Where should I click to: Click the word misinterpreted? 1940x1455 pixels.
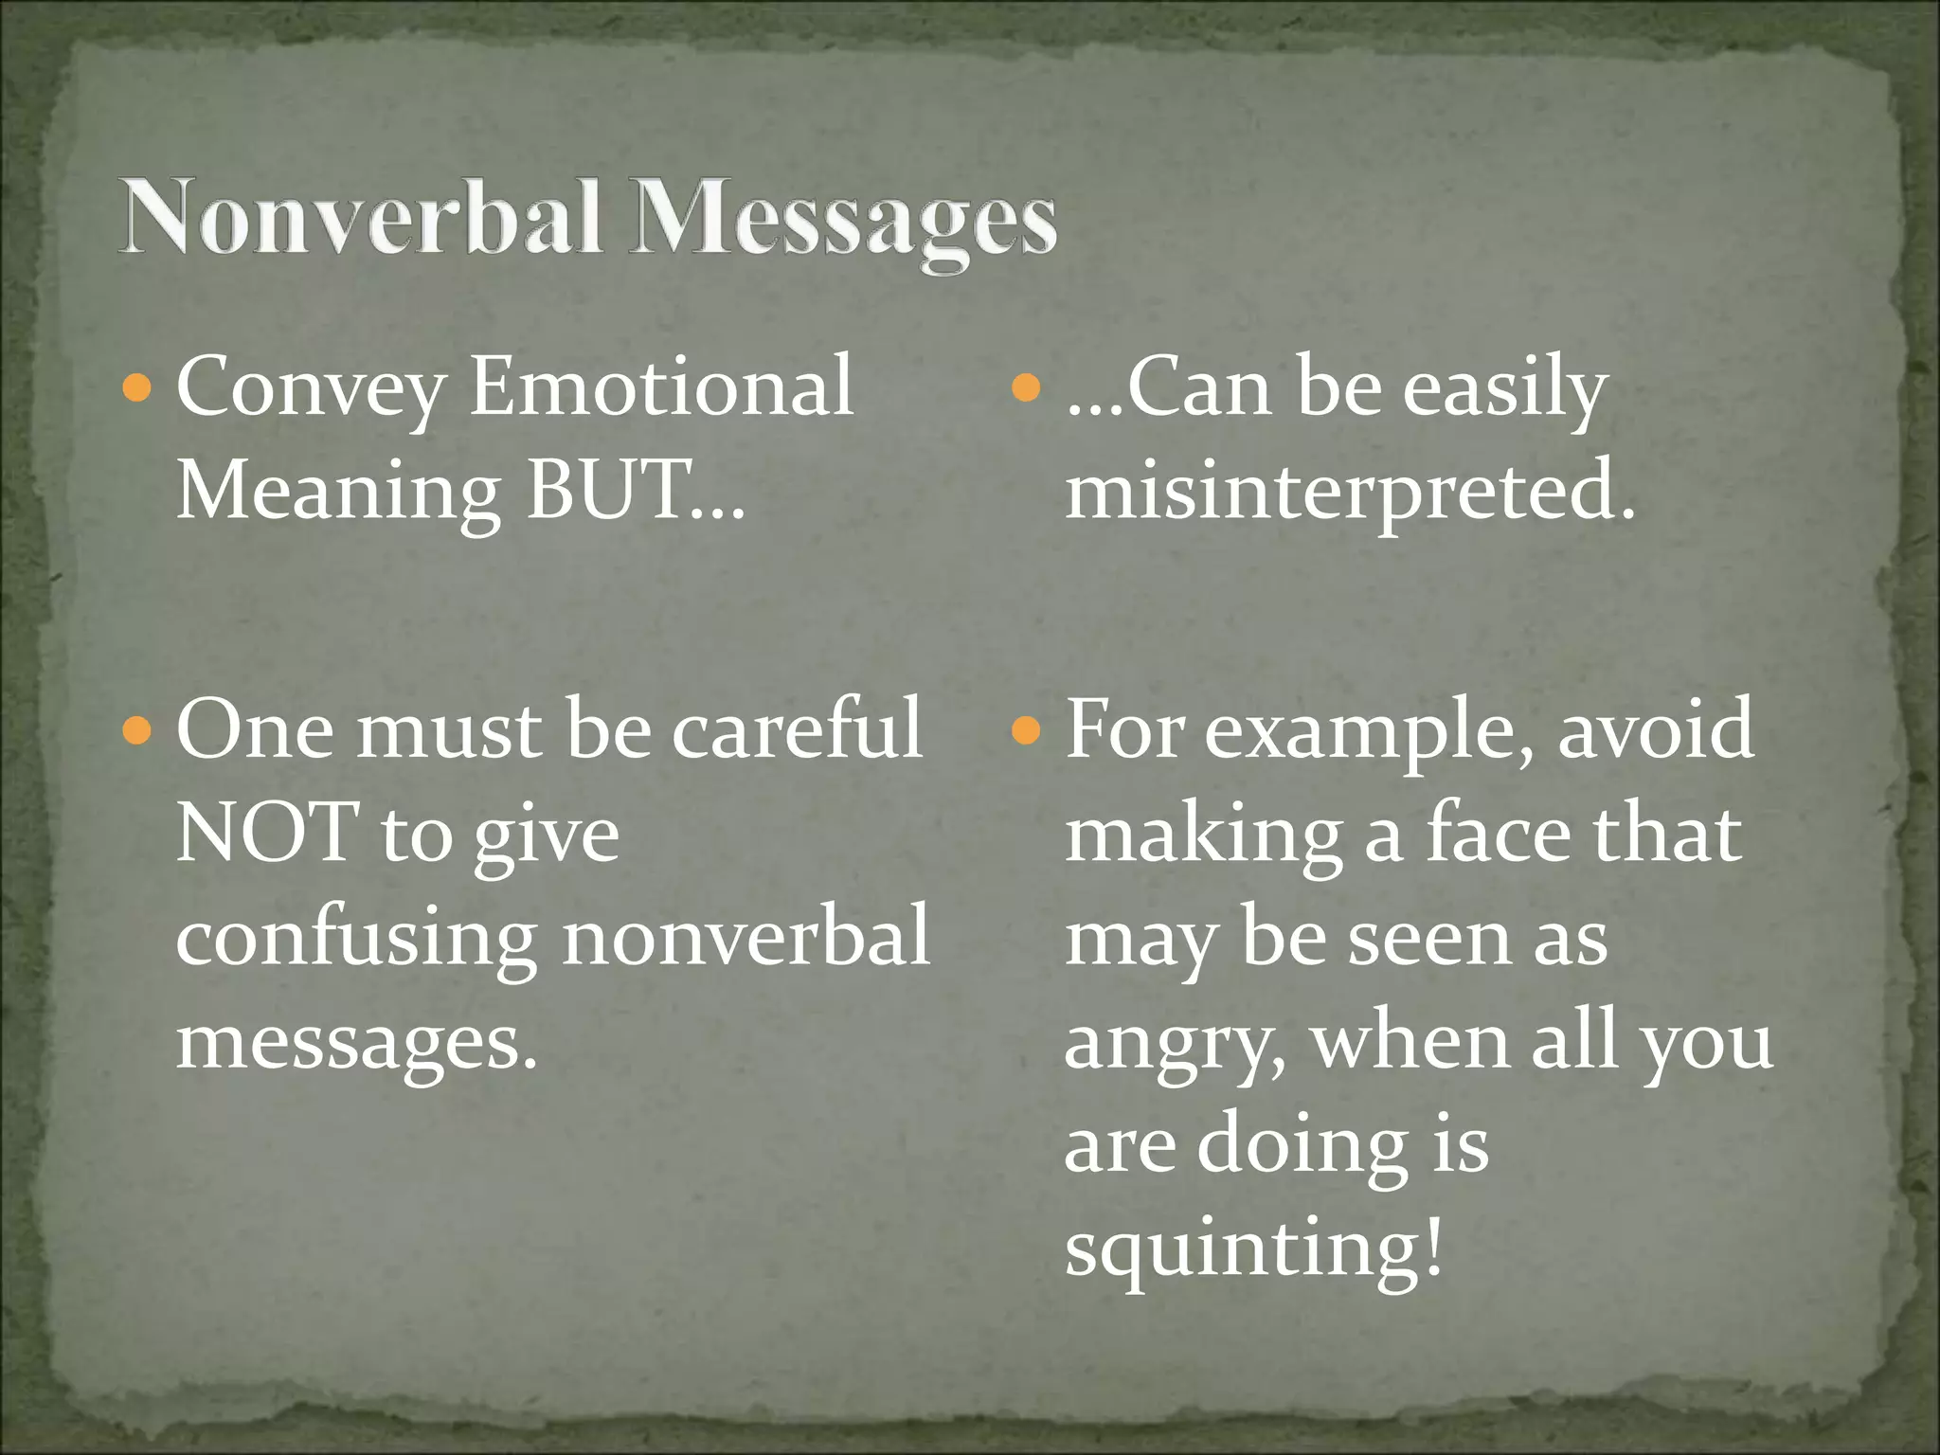pyautogui.click(x=1350, y=491)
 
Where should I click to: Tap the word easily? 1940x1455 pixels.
pyautogui.click(x=1504, y=388)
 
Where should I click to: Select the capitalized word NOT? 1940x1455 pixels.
pyautogui.click(x=267, y=832)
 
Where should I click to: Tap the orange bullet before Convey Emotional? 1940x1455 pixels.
pyautogui.click(x=137, y=387)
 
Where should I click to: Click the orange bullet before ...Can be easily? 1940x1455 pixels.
pyautogui.click(x=1026, y=387)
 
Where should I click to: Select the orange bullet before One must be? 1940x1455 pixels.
pyautogui.click(x=137, y=730)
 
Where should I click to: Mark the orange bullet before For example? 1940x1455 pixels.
pyautogui.click(x=1026, y=730)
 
